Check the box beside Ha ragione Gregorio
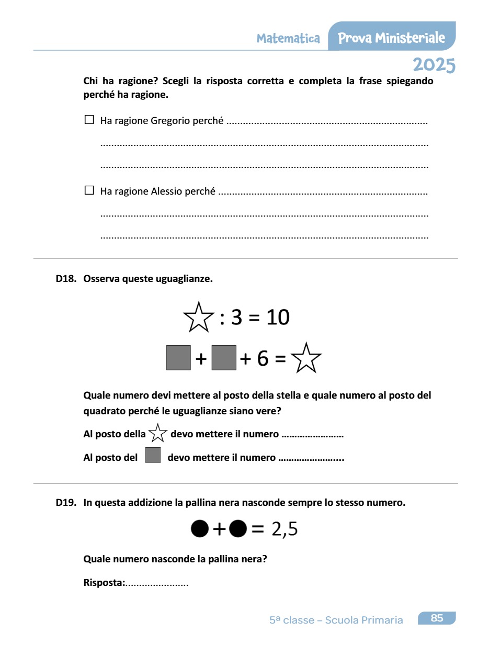pos(89,120)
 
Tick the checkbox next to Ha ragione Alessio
pos(89,190)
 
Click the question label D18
pos(66,279)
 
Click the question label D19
pos(66,503)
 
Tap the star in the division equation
pos(198,317)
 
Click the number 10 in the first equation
pos(277,317)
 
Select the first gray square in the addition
pos(178,358)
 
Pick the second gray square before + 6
pos(224,358)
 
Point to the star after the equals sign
pos(306,358)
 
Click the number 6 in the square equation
pos(263,358)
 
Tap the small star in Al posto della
pos(158,434)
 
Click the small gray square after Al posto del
pos(153,456)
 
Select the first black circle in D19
pos(200,529)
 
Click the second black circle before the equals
pos(238,529)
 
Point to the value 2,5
pos(285,529)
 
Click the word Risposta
pos(104,582)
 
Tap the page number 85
pos(437,618)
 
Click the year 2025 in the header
pos(434,65)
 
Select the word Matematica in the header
pos(288,38)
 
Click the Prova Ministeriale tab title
pos(392,38)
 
